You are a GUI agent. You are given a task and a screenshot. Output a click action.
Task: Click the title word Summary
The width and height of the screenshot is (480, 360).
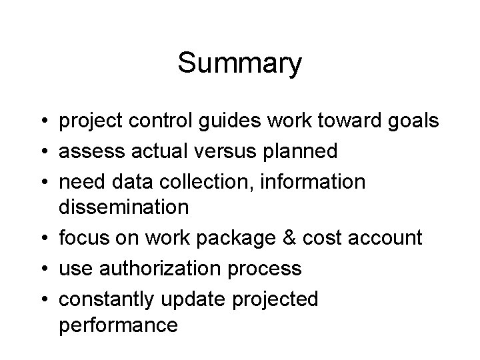[x=240, y=64]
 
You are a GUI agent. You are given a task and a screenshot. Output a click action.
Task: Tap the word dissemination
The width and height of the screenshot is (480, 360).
[x=124, y=207]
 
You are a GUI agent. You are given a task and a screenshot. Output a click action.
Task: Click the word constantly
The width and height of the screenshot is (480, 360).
[x=107, y=299]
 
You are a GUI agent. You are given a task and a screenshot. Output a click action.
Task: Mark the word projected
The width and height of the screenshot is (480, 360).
[x=275, y=299]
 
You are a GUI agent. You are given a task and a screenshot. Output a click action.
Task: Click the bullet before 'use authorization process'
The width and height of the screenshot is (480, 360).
[x=42, y=269]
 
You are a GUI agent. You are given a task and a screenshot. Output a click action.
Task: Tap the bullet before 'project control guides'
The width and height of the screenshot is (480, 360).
[x=42, y=121]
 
